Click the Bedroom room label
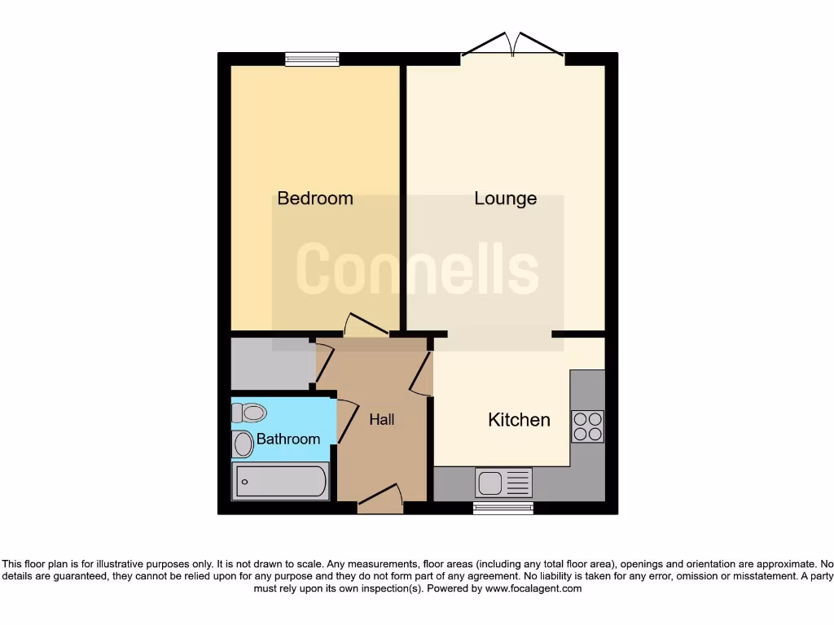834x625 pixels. [315, 198]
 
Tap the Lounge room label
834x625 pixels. [506, 198]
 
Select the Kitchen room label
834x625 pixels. [519, 420]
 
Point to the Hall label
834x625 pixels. [382, 419]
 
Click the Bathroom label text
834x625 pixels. [288, 439]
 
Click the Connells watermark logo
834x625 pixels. [417, 269]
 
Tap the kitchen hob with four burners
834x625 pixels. [587, 426]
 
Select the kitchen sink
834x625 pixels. [503, 483]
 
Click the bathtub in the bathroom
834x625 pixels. [281, 481]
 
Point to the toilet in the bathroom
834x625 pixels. [249, 413]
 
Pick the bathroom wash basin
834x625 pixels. [243, 444]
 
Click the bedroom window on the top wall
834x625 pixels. [312, 59]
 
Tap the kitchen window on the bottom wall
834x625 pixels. [503, 508]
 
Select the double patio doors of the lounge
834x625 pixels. [513, 47]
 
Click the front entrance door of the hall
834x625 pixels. [381, 498]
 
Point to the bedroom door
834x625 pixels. [366, 326]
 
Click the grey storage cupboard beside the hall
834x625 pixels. [271, 363]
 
